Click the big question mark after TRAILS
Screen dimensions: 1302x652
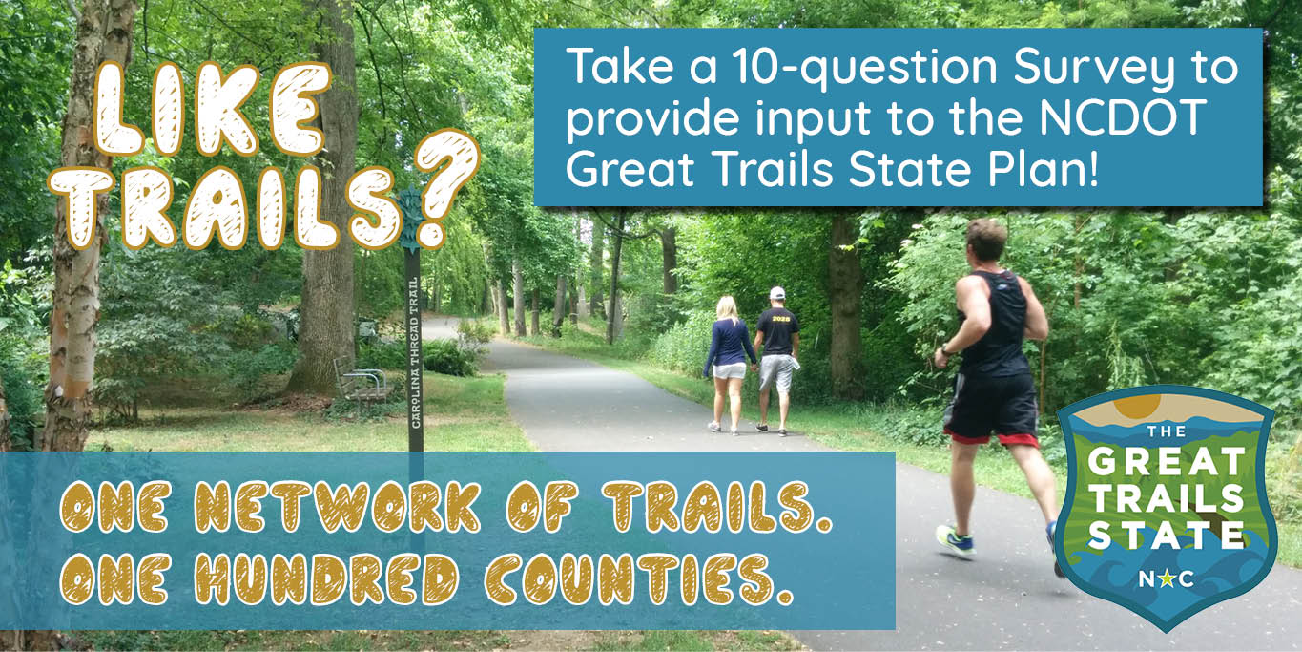(446, 187)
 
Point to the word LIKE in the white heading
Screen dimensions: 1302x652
(212, 110)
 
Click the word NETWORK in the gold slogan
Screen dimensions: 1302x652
(337, 507)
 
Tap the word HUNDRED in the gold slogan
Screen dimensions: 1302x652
(326, 579)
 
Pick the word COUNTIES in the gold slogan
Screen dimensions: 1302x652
(638, 579)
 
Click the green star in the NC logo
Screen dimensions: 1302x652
(1165, 579)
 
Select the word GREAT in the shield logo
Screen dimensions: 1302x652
(1166, 462)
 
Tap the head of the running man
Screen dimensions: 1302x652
(986, 242)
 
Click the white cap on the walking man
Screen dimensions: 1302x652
(777, 292)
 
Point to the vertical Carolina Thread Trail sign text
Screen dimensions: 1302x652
(414, 353)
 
